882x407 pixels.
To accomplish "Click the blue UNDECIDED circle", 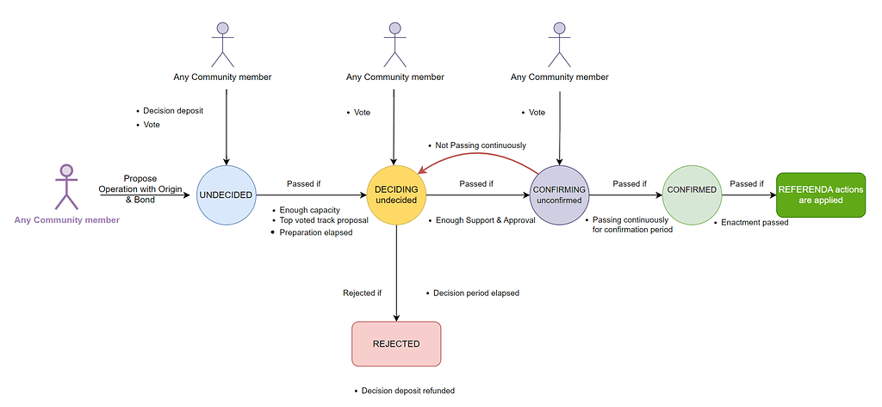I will pyautogui.click(x=227, y=194).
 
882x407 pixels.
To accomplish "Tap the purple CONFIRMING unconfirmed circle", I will pyautogui.click(x=559, y=194).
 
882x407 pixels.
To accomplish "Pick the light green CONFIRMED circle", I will pyautogui.click(x=692, y=189).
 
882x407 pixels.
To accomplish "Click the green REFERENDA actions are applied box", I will pyautogui.click(x=820, y=194).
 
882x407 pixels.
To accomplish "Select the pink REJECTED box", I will pyautogui.click(x=396, y=343).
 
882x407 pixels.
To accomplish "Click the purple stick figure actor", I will pyautogui.click(x=66, y=186).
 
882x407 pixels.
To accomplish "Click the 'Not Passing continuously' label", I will pyautogui.click(x=480, y=145).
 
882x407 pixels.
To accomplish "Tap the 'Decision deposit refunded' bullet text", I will pyautogui.click(x=407, y=391).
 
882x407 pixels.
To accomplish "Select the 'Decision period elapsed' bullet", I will pyautogui.click(x=476, y=293).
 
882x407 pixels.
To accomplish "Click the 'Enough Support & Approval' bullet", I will pyautogui.click(x=486, y=221).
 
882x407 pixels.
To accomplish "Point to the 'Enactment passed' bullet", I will pyautogui.click(x=755, y=223).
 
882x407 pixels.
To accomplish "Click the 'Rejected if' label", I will pyautogui.click(x=362, y=293).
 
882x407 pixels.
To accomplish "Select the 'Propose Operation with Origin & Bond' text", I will pyautogui.click(x=140, y=188).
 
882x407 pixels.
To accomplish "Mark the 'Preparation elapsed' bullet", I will pyautogui.click(x=316, y=232).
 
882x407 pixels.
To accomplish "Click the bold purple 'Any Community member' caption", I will pyautogui.click(x=66, y=220).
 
